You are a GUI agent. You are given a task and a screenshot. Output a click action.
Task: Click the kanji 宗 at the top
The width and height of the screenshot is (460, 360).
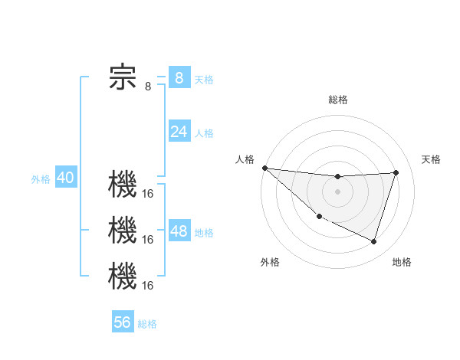(x=123, y=77)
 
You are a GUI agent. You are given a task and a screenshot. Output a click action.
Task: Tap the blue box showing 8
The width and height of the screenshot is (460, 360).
(x=179, y=77)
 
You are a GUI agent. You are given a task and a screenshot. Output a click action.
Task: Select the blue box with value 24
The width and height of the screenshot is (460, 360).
(x=179, y=132)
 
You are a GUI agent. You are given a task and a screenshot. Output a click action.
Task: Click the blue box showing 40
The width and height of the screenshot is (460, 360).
(x=65, y=178)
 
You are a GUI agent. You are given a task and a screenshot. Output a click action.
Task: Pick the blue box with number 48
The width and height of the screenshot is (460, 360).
(x=179, y=231)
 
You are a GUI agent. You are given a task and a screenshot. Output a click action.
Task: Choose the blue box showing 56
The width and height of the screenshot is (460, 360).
(x=123, y=322)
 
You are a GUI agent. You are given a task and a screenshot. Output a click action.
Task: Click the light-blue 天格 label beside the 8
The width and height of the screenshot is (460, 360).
(x=204, y=80)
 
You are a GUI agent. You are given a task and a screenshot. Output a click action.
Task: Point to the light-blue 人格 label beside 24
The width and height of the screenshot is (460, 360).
(x=204, y=133)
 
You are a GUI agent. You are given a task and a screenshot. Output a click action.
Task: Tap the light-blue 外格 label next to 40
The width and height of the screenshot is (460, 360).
(x=41, y=179)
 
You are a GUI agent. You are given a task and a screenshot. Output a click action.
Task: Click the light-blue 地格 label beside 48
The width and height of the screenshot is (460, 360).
(x=204, y=233)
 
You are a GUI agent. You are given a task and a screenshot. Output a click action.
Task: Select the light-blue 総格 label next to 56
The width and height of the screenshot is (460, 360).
(x=147, y=324)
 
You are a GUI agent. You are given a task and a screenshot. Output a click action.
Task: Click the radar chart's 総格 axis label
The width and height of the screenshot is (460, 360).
(x=337, y=100)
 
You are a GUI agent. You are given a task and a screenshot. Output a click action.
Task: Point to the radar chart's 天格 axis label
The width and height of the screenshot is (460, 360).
(x=431, y=159)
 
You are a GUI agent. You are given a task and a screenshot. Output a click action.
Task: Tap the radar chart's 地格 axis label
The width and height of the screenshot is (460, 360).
(x=402, y=262)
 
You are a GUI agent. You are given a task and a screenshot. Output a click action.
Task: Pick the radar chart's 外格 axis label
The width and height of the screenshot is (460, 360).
(x=270, y=262)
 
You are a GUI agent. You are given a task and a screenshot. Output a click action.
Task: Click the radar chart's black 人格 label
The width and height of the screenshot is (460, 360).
(x=245, y=159)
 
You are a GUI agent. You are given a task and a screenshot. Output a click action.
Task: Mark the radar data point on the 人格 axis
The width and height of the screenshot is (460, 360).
(x=264, y=168)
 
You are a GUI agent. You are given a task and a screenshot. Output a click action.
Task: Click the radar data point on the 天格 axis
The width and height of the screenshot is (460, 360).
(x=396, y=172)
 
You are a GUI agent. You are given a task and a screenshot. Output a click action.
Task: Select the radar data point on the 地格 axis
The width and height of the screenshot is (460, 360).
(x=373, y=241)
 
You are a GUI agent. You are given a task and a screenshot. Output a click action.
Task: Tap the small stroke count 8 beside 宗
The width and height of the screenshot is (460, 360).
(x=148, y=87)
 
